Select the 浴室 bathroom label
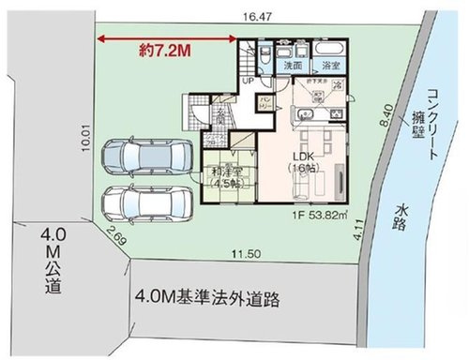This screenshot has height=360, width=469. pyautogui.click(x=330, y=67)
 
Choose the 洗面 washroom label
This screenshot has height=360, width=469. pyautogui.click(x=293, y=67)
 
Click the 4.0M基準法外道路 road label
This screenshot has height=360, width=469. pyautogui.click(x=208, y=302)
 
